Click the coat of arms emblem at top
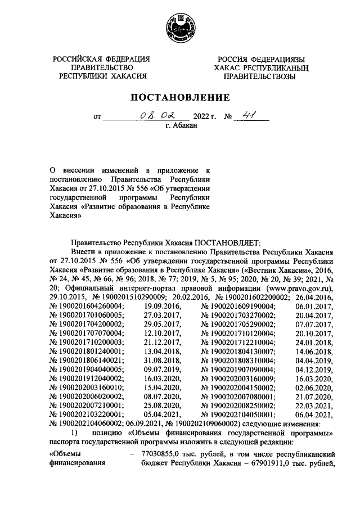pyautogui.click(x=180, y=28)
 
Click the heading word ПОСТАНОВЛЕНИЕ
pyautogui.click(x=180, y=97)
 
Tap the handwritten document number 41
pyautogui.click(x=246, y=116)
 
